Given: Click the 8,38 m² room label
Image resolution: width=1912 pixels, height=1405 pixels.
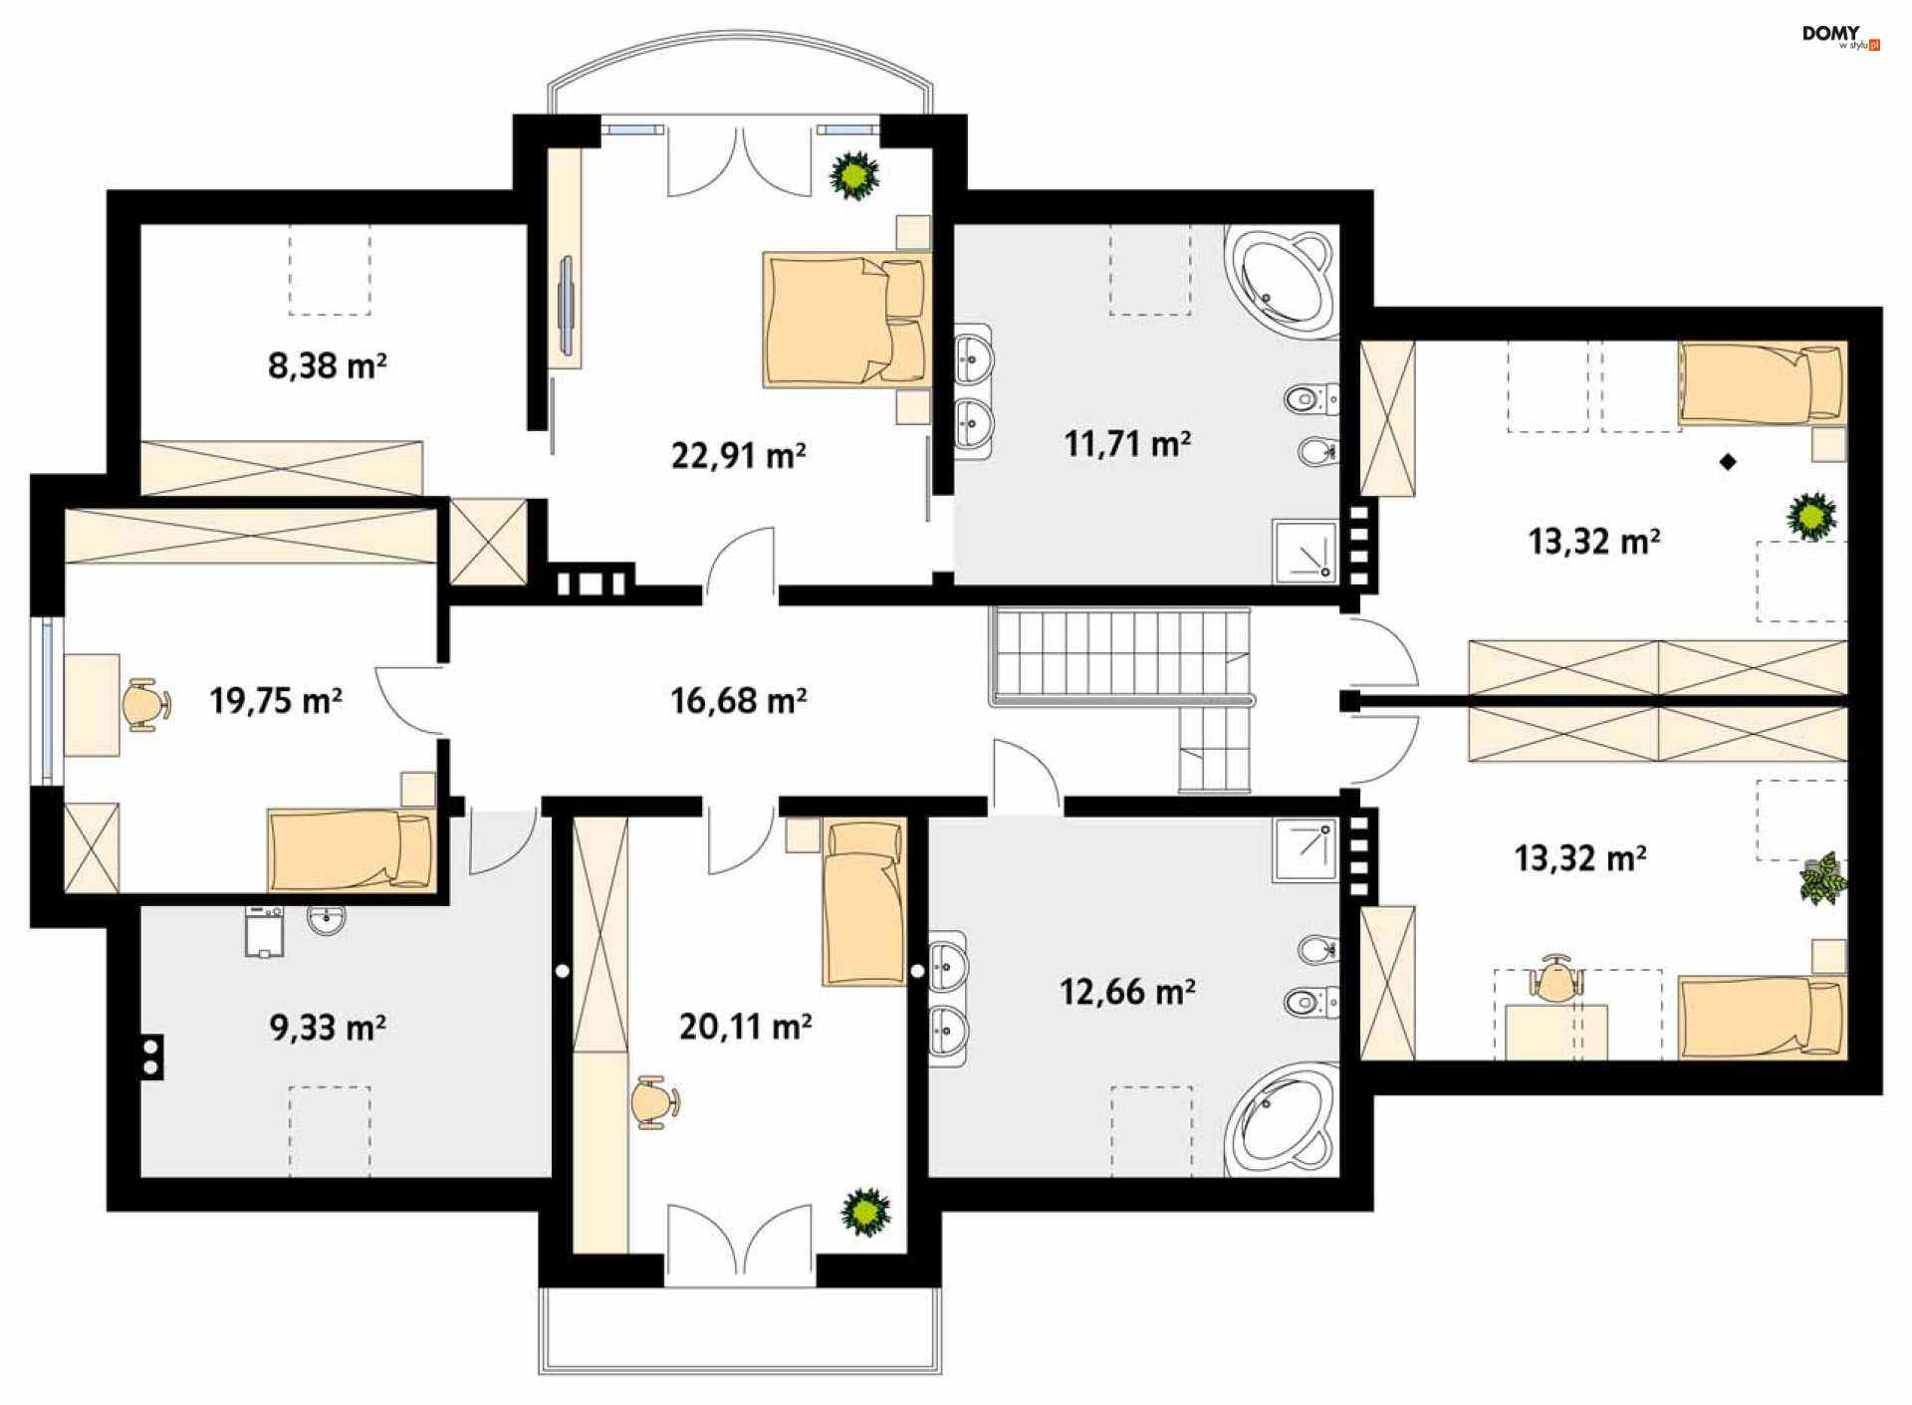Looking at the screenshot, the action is [x=327, y=365].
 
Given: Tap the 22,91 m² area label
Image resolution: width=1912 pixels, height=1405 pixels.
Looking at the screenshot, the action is [x=738, y=456].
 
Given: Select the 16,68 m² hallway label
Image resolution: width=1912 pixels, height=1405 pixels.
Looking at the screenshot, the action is [x=738, y=701].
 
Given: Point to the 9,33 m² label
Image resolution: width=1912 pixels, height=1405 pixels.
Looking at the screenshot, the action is [x=328, y=1027].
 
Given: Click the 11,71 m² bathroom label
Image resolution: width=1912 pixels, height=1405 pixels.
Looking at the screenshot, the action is [x=1127, y=443].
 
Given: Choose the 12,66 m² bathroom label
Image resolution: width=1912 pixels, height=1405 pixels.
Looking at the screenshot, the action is [x=1127, y=992].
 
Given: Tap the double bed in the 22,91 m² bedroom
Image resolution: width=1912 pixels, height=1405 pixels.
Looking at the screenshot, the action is [x=845, y=320].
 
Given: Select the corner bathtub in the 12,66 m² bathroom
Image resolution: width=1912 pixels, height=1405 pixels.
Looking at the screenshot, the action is [x=1283, y=1121].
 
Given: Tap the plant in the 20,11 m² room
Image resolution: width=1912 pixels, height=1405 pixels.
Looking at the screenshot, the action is [x=865, y=1212].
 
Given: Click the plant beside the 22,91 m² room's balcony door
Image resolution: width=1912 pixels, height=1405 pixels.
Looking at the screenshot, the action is [x=854, y=175].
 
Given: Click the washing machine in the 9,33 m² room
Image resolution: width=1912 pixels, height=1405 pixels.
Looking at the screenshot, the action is [x=264, y=931].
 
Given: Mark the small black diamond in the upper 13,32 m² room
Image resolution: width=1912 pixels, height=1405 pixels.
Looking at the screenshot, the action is [x=1728, y=461].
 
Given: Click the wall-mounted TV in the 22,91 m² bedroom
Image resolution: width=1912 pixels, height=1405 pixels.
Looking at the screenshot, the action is [x=566, y=306].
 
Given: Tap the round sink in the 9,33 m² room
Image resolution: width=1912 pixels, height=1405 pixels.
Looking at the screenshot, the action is [x=327, y=920].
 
